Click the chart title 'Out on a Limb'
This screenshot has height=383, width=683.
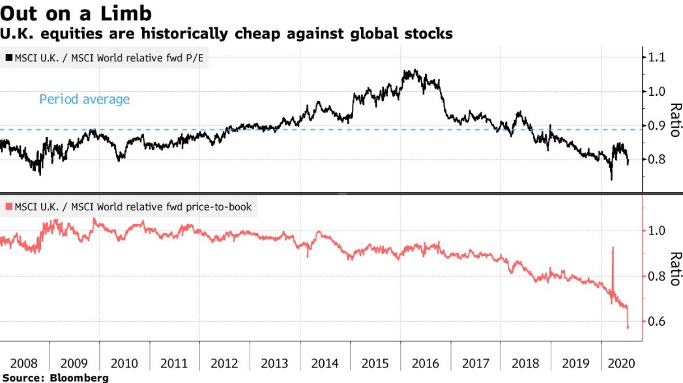click(76, 14)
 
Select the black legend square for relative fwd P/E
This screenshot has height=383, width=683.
click(8, 58)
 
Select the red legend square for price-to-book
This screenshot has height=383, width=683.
click(8, 208)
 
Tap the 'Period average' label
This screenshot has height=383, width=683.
click(84, 100)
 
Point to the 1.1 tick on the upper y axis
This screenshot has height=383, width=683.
click(654, 57)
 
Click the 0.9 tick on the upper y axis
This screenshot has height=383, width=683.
click(654, 125)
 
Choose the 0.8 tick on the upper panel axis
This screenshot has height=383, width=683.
click(654, 160)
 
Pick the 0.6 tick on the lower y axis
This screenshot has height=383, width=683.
click(654, 322)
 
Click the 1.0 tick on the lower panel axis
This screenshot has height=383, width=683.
click(654, 231)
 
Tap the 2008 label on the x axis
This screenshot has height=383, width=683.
click(24, 362)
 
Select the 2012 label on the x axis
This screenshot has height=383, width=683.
click(224, 362)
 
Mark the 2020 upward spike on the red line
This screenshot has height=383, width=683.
click(613, 248)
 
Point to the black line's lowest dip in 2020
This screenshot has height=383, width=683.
click(611, 179)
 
